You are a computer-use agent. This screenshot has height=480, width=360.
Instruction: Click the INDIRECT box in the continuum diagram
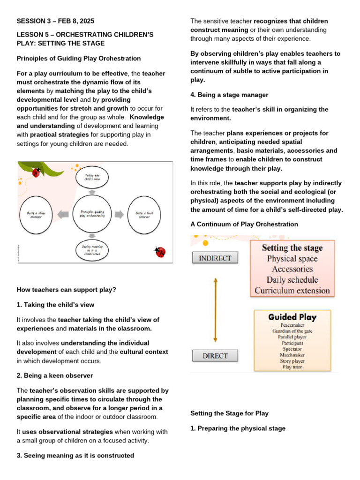pyautogui.click(x=215, y=258)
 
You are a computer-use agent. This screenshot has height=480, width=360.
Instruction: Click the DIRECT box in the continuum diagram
pyautogui.click(x=215, y=356)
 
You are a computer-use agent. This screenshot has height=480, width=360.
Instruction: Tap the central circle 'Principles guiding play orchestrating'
pyautogui.click(x=93, y=214)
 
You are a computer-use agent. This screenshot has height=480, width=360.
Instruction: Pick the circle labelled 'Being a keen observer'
pyautogui.click(x=147, y=215)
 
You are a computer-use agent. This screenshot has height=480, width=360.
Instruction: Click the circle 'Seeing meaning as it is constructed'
pyautogui.click(x=92, y=250)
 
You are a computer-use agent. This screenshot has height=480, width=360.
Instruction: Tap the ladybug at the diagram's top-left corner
pyautogui.click(x=35, y=172)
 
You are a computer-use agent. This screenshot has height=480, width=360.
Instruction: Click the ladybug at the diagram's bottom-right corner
pyautogui.click(x=160, y=252)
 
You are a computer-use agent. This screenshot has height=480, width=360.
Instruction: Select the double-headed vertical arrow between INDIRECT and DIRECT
pyautogui.click(x=215, y=309)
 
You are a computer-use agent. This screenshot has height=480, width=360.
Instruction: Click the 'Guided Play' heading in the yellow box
pyautogui.click(x=292, y=317)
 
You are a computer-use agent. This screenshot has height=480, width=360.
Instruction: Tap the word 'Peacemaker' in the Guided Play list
pyautogui.click(x=292, y=325)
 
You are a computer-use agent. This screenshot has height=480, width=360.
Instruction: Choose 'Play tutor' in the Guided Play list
pyautogui.click(x=292, y=367)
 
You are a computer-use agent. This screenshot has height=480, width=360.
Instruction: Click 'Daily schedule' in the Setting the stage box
pyautogui.click(x=292, y=280)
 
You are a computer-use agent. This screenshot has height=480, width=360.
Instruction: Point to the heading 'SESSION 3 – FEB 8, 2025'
pyautogui.click(x=59, y=21)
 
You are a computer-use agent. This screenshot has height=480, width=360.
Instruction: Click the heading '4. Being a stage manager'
pyautogui.click(x=229, y=95)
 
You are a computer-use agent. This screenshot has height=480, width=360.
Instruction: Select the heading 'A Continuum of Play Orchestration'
pyautogui.click(x=244, y=224)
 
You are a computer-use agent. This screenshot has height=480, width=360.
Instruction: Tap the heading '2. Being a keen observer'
pyautogui.click(x=54, y=375)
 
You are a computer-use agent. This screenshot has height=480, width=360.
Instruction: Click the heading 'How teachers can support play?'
pyautogui.click(x=66, y=290)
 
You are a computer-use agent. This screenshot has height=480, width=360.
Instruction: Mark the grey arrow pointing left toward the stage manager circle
pyautogui.click(x=63, y=214)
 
